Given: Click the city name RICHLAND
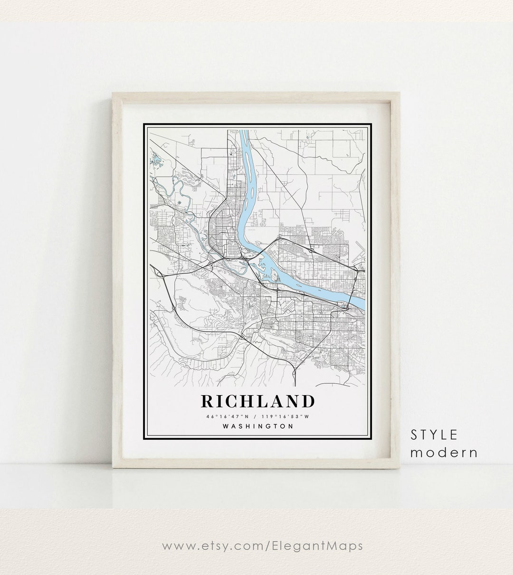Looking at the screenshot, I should (x=258, y=401).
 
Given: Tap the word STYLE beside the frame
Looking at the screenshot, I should (x=434, y=434).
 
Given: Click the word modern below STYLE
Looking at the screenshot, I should (x=444, y=452).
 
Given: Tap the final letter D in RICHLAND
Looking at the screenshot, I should (x=308, y=401).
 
